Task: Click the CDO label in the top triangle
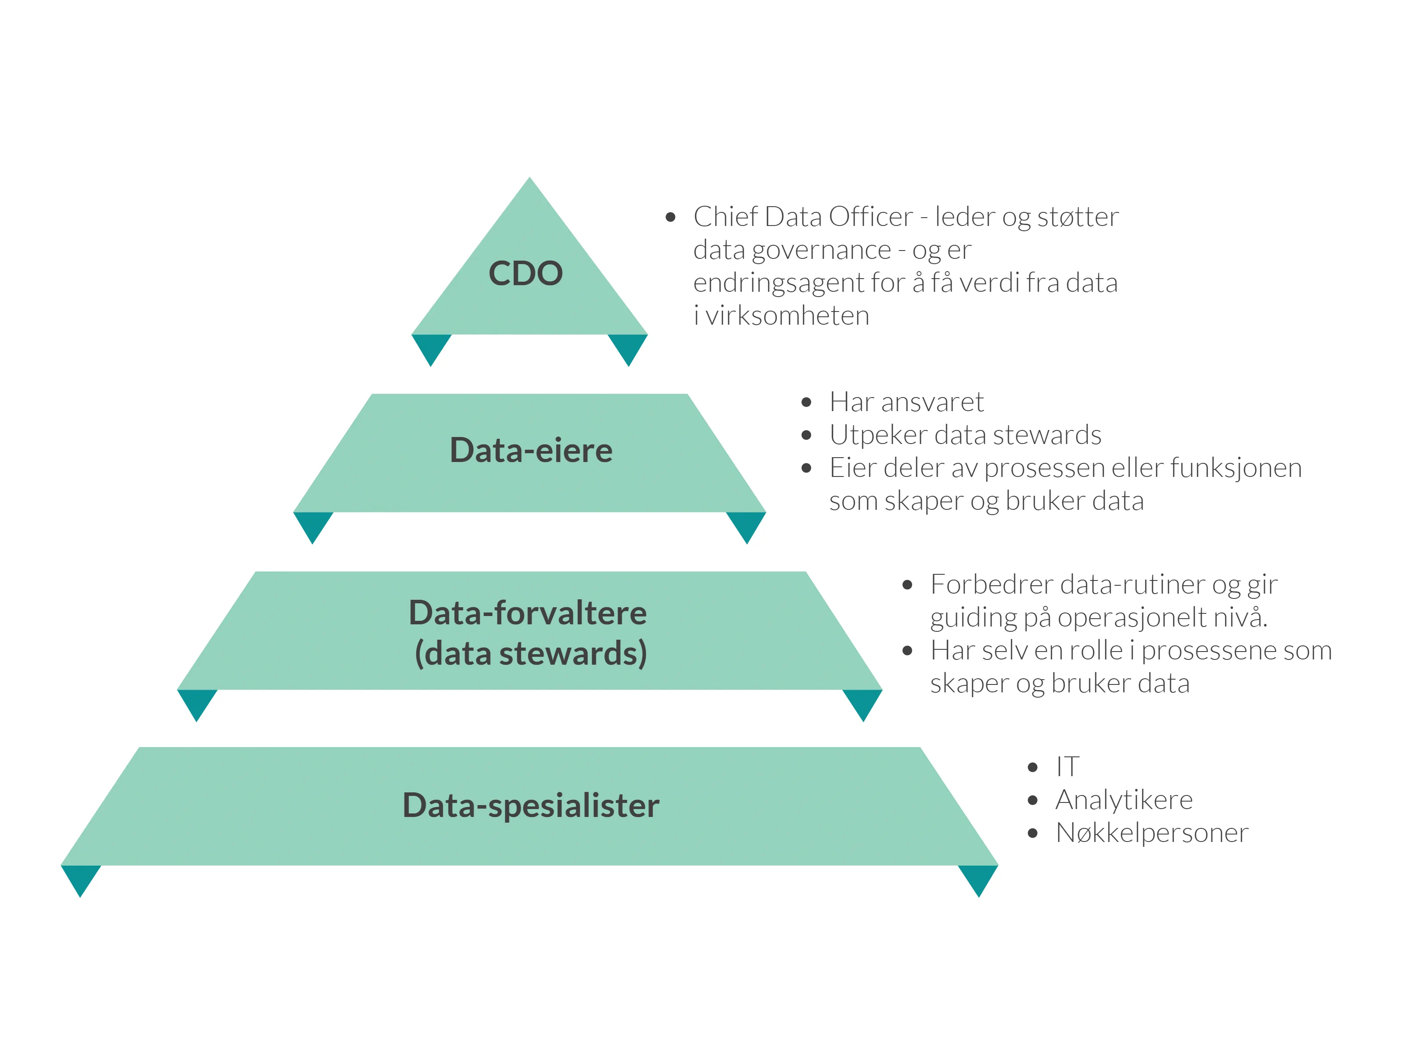526,274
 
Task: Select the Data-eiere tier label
530,450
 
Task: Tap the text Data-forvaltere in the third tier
527,613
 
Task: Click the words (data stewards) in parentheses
530,654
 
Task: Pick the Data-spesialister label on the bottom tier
530,806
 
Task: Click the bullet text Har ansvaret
906,402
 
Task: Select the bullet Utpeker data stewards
965,435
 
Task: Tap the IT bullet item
1067,767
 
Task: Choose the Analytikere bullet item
1124,800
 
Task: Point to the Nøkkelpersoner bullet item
1151,833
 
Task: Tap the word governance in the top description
821,250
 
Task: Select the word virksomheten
787,315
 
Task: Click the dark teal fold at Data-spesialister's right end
978,877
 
